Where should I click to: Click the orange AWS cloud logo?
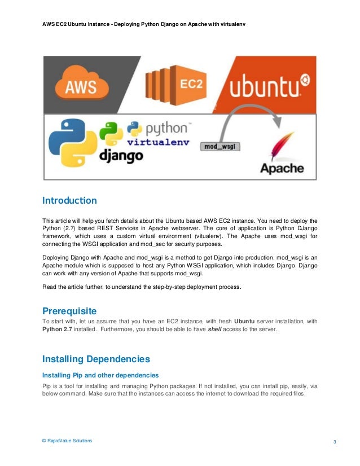point(80,85)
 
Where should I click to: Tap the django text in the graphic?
point(121,156)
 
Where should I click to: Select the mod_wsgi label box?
point(221,146)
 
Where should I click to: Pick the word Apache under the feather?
point(281,168)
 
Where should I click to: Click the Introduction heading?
point(69,200)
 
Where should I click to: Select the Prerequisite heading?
point(69,311)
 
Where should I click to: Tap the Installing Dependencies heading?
point(96,359)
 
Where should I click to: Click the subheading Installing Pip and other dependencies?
point(100,375)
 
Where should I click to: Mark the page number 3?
point(335,441)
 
